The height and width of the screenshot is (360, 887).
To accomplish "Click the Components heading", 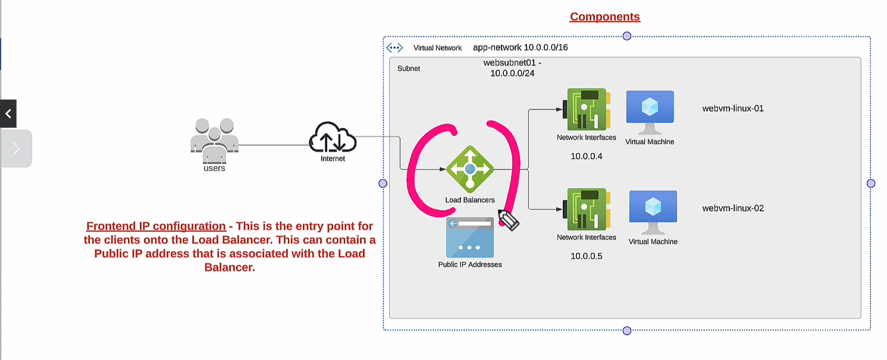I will coord(604,17).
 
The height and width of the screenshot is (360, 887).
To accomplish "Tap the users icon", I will coord(214,140).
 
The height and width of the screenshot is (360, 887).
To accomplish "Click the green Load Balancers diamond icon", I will coord(470,169).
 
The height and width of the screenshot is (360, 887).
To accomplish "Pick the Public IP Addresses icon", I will coord(470,237).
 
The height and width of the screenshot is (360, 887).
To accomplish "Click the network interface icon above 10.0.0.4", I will coord(586,109).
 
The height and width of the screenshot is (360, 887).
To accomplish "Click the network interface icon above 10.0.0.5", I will coord(586,209).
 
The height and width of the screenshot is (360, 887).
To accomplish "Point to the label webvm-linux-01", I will coord(733,108).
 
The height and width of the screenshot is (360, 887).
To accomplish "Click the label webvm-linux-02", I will coord(733,208).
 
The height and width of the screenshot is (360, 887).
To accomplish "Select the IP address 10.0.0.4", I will coord(587,156).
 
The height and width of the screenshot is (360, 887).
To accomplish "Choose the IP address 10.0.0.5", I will coord(587,256).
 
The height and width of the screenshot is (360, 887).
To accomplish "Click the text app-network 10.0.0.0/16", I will coord(520,47).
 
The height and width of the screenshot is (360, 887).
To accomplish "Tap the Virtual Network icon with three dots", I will coord(394,48).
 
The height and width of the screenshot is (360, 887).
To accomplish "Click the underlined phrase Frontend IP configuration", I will coord(156,226).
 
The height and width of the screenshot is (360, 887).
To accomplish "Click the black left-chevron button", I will coord(8,114).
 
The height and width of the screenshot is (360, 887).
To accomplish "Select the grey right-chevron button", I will coord(16,148).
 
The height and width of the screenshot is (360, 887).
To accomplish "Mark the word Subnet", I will coord(409,68).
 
